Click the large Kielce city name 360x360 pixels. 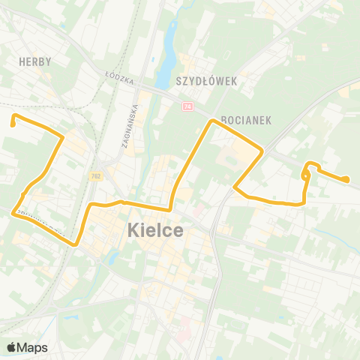tap(155, 229)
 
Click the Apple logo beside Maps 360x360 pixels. tap(13, 346)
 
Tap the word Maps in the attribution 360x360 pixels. tap(32, 347)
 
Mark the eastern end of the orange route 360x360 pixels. tap(347, 179)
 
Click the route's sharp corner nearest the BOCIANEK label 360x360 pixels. tap(214, 120)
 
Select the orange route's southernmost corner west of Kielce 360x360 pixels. tap(77, 244)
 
